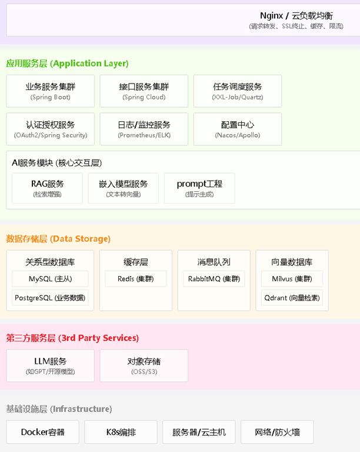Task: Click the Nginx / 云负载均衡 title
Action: point(296,16)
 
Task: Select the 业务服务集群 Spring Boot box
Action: point(51,91)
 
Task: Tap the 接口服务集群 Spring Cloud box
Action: point(144,91)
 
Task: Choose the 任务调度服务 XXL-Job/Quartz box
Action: point(238,91)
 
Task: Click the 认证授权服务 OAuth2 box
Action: point(51,129)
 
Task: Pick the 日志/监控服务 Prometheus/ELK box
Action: point(144,129)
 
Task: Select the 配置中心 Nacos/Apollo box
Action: point(238,129)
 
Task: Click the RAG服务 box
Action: point(48,188)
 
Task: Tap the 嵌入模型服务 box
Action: point(124,188)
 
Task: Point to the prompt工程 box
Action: point(199,188)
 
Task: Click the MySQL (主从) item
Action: point(51,279)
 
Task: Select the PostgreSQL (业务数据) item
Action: point(51,298)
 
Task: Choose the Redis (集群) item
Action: point(136,279)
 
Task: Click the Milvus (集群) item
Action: point(292,279)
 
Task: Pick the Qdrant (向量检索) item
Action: point(292,298)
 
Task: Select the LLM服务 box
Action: point(51,365)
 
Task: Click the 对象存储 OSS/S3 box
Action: point(144,365)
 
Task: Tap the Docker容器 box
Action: point(43,432)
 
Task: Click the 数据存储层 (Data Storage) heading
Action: point(58,239)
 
